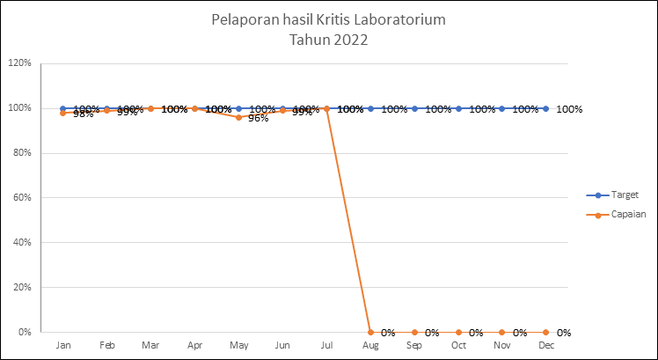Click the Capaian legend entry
tap(626, 214)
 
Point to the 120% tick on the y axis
tap(19, 63)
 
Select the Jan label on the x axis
tap(63, 346)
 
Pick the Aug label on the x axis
tap(370, 346)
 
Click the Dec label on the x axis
tap(546, 346)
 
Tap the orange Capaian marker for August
tap(370, 332)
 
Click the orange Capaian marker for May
tap(238, 117)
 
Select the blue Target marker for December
tap(546, 108)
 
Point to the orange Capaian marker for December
tap(546, 332)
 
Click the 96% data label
tap(258, 118)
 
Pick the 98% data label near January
tap(83, 114)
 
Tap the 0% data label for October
tap(476, 333)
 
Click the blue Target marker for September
tap(414, 108)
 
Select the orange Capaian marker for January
tap(62, 113)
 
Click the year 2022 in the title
tap(350, 40)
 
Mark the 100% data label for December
tap(569, 109)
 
